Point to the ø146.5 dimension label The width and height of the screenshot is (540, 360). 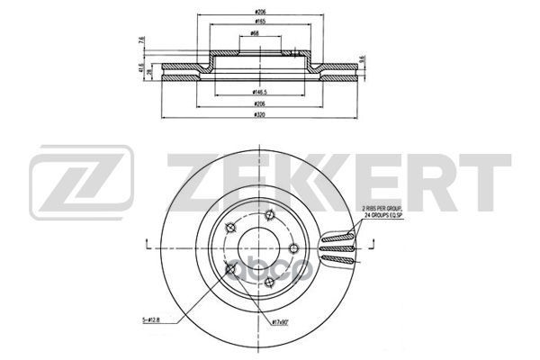(x=259, y=93)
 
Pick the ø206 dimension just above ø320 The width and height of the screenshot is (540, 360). (x=259, y=104)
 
